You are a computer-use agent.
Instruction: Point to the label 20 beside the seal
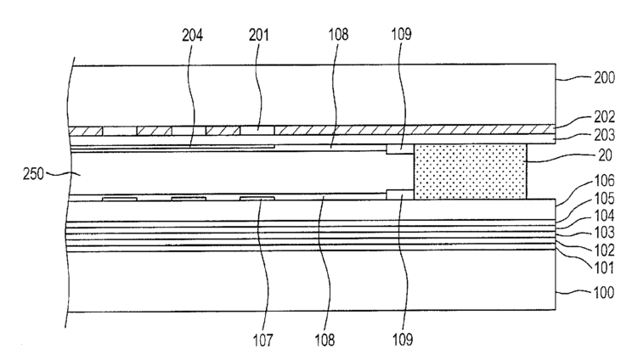coord(595,157)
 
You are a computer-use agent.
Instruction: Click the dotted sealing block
coord(470,171)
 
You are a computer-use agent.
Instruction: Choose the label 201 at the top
coord(258,37)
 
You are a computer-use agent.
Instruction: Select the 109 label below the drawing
coord(403,340)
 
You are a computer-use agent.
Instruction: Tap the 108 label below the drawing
coord(325,340)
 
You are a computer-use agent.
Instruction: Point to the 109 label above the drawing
coord(403,37)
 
